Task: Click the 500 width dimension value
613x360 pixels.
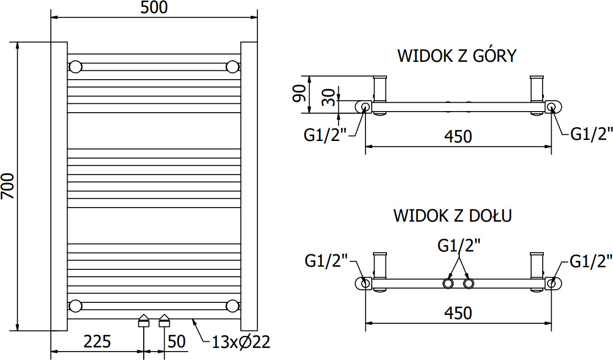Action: tap(154, 7)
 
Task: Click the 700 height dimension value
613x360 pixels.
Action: tap(8, 186)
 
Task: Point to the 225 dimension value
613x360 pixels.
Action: tap(98, 341)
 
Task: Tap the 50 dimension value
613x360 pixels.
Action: tap(176, 341)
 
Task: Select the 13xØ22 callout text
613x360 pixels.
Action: tap(241, 342)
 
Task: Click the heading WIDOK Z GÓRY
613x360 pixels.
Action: tap(457, 56)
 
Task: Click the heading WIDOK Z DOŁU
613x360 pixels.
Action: tap(453, 215)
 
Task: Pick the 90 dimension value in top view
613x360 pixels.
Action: tap(300, 93)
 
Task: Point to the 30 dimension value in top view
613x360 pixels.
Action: tap(329, 97)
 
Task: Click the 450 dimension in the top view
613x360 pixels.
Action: tap(458, 136)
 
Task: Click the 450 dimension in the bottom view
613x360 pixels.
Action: tap(458, 313)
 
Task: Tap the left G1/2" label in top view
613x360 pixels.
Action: tap(326, 135)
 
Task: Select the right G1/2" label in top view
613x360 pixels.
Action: tap(592, 134)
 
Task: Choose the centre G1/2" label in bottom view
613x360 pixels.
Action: tap(459, 246)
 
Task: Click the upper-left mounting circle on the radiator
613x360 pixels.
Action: tap(76, 67)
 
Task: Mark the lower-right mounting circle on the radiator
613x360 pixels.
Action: tap(233, 306)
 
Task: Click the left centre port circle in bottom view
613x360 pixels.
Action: tap(448, 283)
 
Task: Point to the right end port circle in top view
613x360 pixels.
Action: tap(552, 107)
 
